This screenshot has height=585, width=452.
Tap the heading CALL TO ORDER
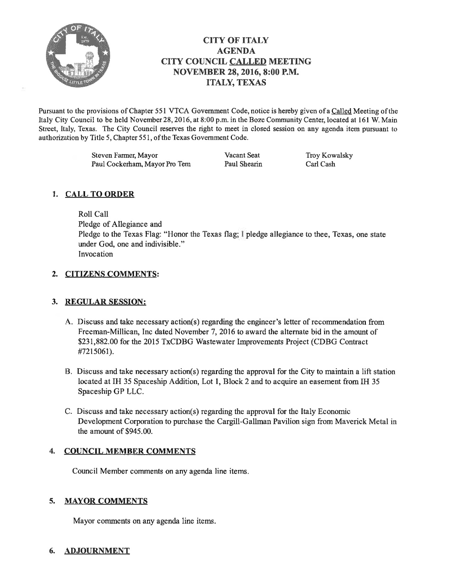point(100,194)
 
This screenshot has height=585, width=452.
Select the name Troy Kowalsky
point(329,155)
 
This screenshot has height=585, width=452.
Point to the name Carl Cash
point(320,164)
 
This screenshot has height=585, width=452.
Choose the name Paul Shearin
point(243,164)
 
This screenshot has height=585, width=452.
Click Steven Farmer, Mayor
point(125,155)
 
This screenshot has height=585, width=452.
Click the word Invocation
point(96,254)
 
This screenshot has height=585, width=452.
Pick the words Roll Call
point(93,214)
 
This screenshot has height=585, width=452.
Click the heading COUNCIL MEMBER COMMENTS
point(130,451)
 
